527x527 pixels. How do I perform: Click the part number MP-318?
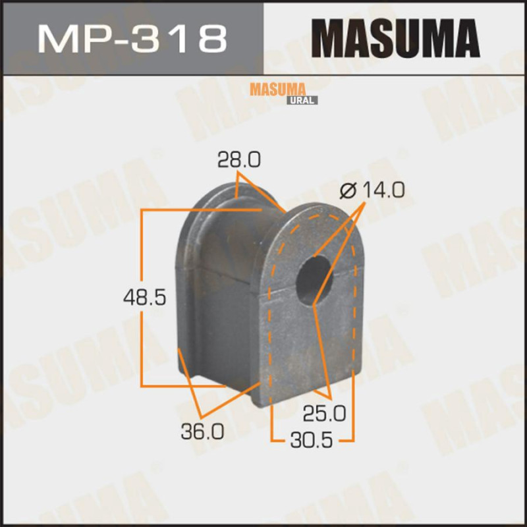coord(132,39)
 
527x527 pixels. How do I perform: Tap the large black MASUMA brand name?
coord(396,39)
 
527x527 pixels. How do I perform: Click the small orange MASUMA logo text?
coord(277,90)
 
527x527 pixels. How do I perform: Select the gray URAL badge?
coord(302,100)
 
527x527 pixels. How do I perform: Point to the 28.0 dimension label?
coord(238,159)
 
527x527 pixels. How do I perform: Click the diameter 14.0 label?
coord(372,190)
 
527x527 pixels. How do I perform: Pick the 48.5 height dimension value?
coord(144,298)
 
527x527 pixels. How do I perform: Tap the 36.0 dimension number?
coord(202,431)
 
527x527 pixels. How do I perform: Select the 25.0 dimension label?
coord(324,414)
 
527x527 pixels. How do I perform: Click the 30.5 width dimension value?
coord(312,440)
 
